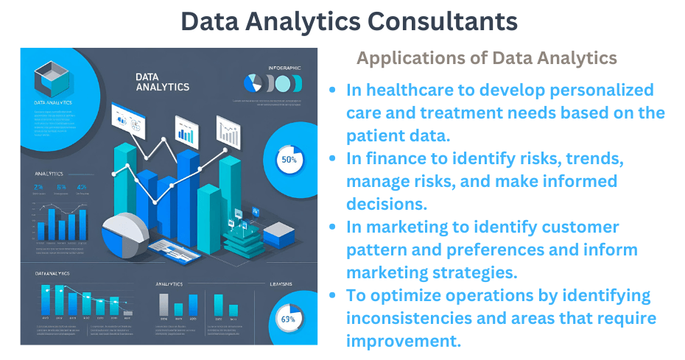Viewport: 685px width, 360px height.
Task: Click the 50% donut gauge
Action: tap(289, 159)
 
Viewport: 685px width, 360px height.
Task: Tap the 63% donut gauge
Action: tap(288, 319)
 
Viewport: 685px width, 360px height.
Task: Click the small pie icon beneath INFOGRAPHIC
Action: tap(254, 82)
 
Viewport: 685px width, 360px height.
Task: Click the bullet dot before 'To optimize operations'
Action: tap(334, 295)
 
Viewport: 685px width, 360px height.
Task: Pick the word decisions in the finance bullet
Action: tap(382, 204)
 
